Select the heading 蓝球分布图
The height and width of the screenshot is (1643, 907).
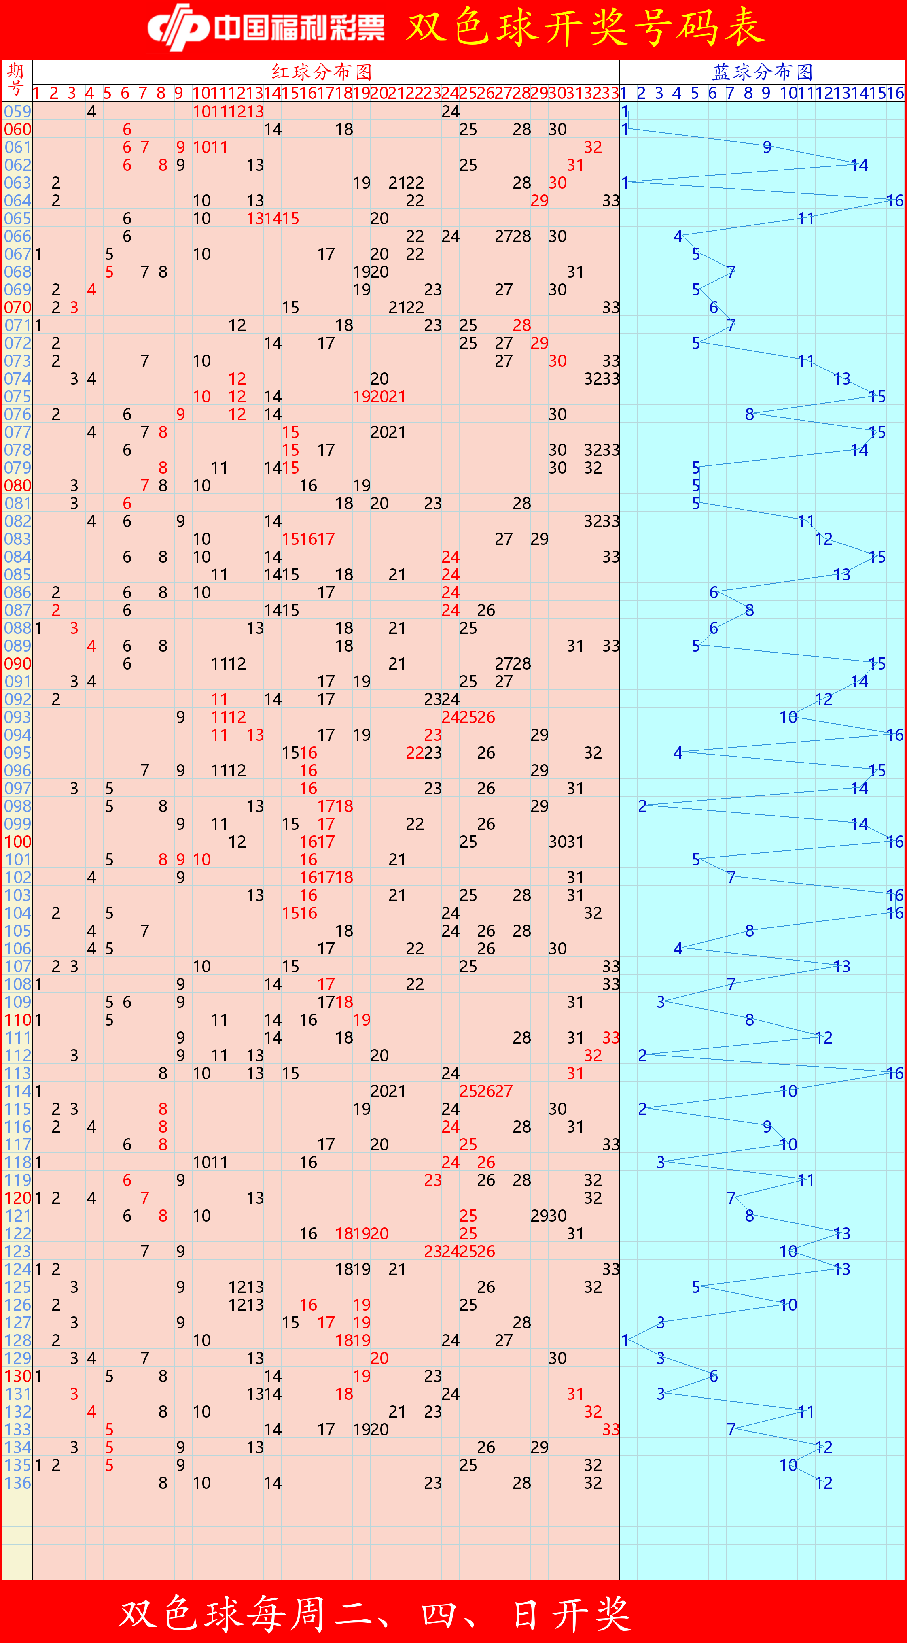point(762,71)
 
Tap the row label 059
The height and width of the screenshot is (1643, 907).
point(17,112)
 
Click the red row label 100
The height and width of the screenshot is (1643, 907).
point(17,842)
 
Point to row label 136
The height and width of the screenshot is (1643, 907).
point(17,1483)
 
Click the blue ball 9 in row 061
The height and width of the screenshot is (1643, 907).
point(767,147)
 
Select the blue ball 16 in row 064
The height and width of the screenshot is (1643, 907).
point(895,201)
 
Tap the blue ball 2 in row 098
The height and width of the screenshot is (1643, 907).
point(642,806)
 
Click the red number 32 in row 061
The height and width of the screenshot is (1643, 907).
point(593,147)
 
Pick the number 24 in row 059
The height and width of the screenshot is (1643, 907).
point(450,112)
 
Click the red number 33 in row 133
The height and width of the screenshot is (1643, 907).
point(610,1429)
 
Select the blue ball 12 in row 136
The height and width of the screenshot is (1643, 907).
point(824,1483)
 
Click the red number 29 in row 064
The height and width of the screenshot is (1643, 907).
point(539,201)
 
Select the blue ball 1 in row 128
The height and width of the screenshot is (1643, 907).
point(625,1340)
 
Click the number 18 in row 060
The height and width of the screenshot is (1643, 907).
point(343,130)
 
